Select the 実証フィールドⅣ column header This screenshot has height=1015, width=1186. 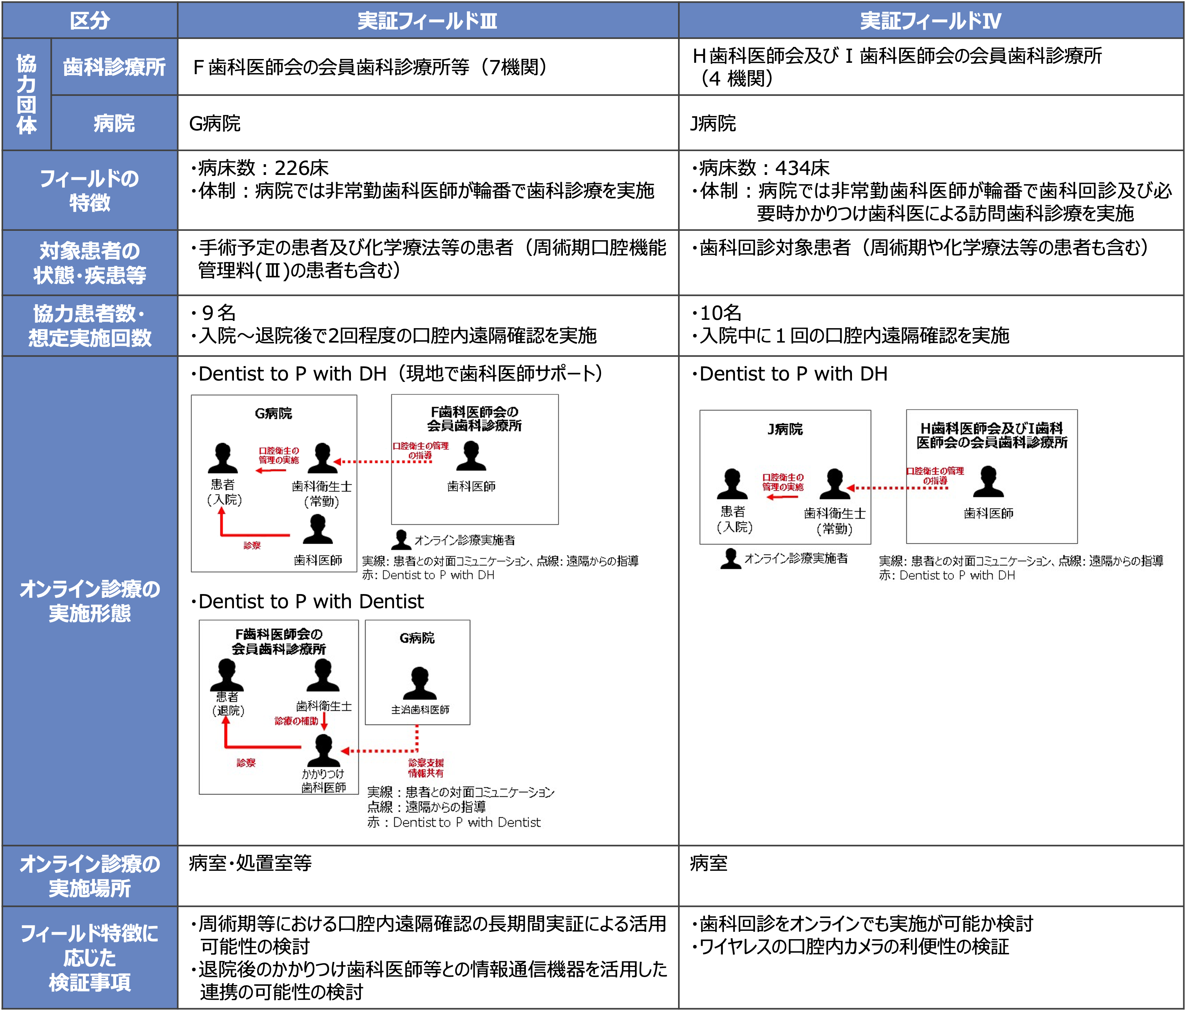tap(931, 21)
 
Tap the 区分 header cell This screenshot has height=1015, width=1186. tap(90, 21)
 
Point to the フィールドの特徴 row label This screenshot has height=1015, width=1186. tap(90, 190)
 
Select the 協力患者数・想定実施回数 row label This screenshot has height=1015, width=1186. tap(90, 326)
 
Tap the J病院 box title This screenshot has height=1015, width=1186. tap(785, 429)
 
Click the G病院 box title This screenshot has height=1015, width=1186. tap(417, 638)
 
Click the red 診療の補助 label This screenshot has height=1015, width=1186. tap(296, 721)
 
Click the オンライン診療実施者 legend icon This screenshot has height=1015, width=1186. tap(731, 559)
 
